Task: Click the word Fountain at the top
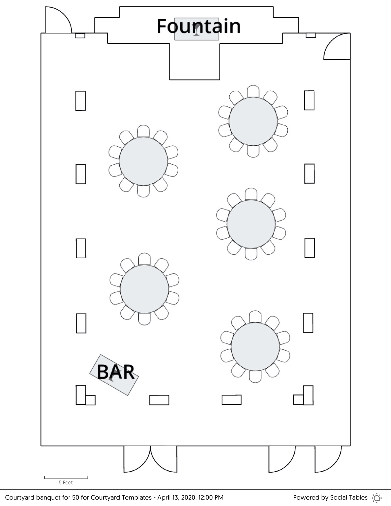[x=199, y=26]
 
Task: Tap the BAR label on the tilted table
[x=116, y=372]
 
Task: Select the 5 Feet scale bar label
[x=66, y=482]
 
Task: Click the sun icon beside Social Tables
[x=377, y=498]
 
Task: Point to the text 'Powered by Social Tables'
[x=330, y=497]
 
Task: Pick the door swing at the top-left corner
[x=58, y=20]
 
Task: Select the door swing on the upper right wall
[x=337, y=46]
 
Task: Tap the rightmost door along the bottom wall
[x=328, y=459]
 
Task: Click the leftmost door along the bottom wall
[x=137, y=459]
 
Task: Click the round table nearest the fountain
[x=253, y=121]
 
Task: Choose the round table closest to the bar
[x=144, y=289]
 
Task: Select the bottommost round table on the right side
[x=255, y=347]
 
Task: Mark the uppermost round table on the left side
[x=144, y=161]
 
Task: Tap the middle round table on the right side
[x=251, y=224]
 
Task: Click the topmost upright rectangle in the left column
[x=81, y=101]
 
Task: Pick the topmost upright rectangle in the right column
[x=309, y=100]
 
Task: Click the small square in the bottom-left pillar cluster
[x=90, y=400]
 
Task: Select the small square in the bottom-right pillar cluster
[x=298, y=400]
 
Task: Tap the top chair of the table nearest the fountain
[x=253, y=91]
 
